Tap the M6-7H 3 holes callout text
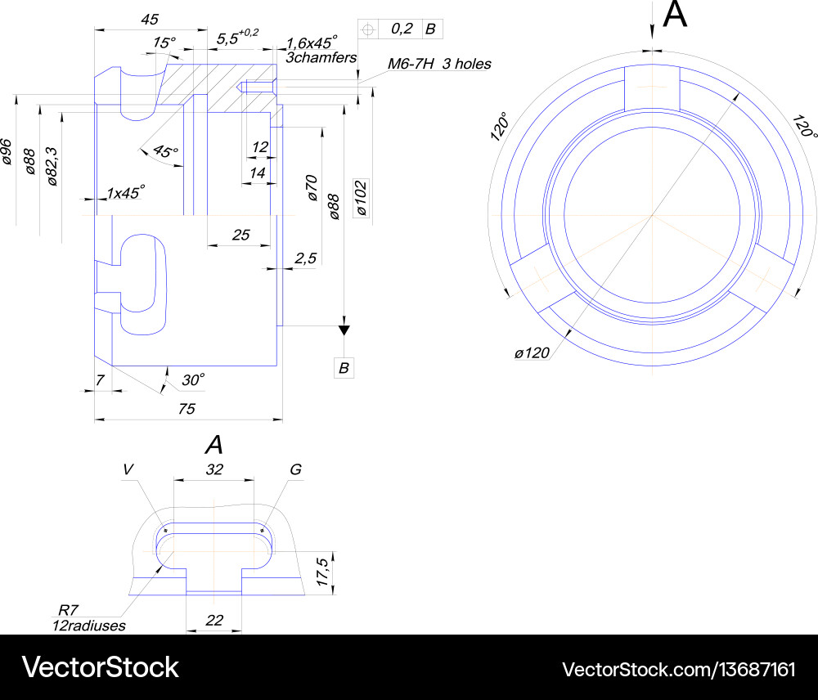(438, 64)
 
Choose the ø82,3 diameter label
(52, 168)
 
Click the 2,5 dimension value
(305, 258)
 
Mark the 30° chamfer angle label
(193, 379)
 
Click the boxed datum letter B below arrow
(344, 369)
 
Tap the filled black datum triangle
(344, 330)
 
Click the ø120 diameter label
(532, 353)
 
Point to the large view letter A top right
(675, 16)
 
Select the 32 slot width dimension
(213, 470)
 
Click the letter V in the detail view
(128, 469)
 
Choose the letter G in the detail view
(295, 469)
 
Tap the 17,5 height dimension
(323, 572)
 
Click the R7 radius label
(66, 610)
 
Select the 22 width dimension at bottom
(213, 621)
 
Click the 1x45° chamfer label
(125, 192)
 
